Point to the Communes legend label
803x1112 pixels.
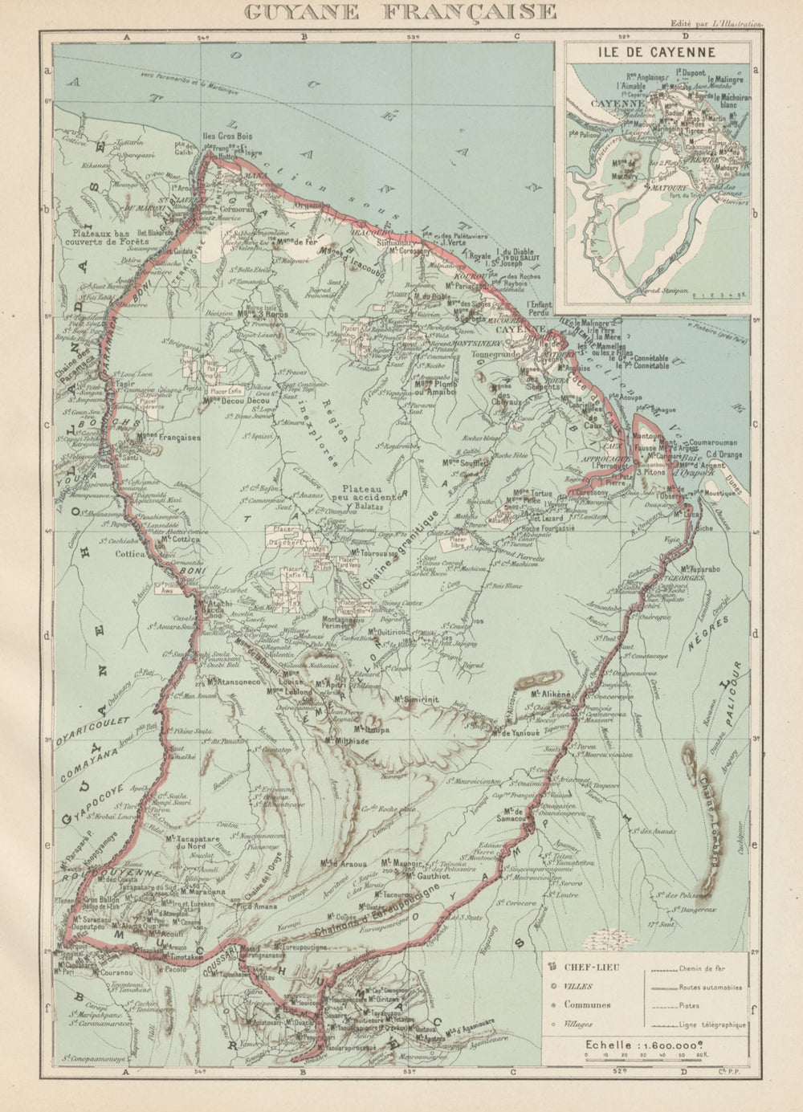(x=586, y=1004)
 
